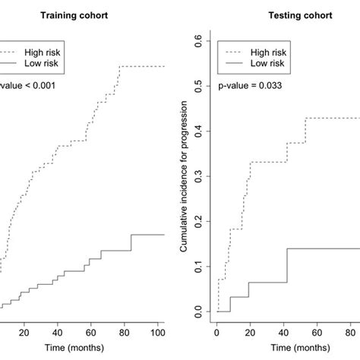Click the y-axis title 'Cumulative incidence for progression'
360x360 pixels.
click(185, 175)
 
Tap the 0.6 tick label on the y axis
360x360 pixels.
click(199, 39)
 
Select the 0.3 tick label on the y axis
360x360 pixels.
click(199, 175)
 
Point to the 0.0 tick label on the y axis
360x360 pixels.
click(199, 312)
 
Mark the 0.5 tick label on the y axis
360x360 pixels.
click(199, 84)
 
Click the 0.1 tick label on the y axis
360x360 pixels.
click(199, 267)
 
